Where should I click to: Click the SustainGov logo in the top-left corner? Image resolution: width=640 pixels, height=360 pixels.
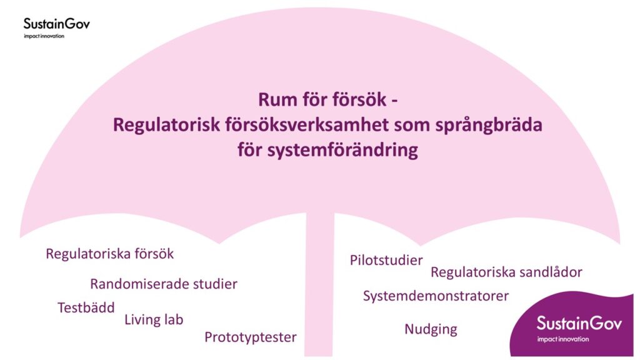pos(56,24)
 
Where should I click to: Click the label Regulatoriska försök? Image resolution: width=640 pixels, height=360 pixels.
pos(110,254)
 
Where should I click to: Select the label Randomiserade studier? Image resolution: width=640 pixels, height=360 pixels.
pos(164,284)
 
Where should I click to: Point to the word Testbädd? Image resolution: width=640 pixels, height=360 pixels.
pos(86,307)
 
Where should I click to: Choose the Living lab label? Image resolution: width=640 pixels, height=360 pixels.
pos(154,320)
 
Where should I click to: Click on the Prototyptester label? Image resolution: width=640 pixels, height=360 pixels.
pos(250,337)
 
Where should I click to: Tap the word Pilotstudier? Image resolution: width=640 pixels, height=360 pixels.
pos(386,260)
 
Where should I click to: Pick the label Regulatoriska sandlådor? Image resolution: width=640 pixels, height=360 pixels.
pos(506,272)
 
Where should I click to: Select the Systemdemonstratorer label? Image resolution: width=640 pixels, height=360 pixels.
pos(436,296)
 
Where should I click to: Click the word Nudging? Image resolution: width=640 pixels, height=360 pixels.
pos(431,329)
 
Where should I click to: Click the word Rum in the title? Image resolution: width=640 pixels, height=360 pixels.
pos(275,100)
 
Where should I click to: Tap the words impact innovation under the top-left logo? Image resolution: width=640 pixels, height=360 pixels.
pos(44,36)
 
